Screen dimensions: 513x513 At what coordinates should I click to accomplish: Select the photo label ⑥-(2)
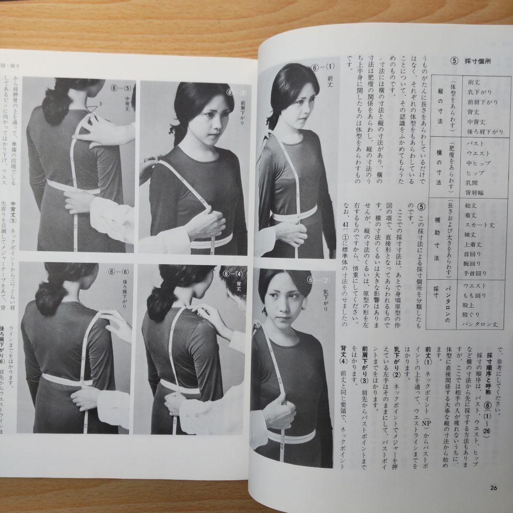click(x=324, y=281)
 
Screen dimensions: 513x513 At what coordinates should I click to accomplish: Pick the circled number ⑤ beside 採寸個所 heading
click(x=454, y=61)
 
